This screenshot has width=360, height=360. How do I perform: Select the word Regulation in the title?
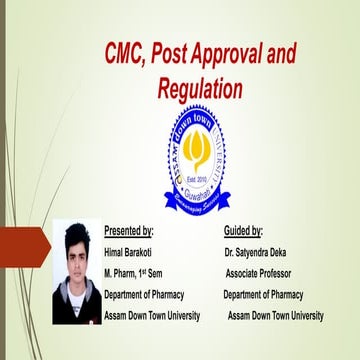click(200, 88)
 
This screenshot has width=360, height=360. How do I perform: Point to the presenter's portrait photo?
click(76, 272)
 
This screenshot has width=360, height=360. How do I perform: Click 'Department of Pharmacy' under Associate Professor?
click(262, 294)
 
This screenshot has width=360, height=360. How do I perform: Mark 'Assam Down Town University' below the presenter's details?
click(152, 315)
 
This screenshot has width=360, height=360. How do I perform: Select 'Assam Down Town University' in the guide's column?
click(275, 315)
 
